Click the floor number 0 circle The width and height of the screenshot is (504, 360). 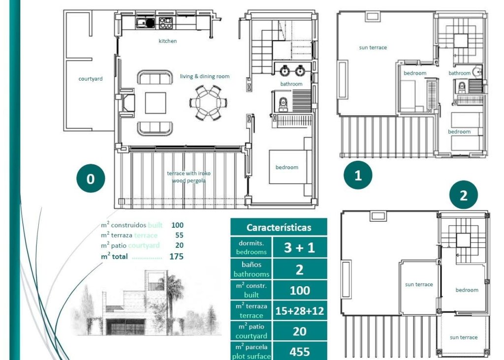pos(91,179)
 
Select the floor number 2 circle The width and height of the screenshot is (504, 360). pos(463,196)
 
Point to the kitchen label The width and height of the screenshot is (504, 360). pos(167,41)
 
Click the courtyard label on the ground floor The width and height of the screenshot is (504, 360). pos(91,79)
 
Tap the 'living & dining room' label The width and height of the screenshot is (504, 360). pos(204,77)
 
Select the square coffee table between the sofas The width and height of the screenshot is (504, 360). pos(156,103)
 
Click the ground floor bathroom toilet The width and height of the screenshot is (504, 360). pos(283,104)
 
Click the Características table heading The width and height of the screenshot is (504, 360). pos(279,228)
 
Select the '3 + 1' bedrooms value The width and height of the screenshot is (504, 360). pos(299,248)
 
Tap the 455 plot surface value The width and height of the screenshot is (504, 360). pos(299,352)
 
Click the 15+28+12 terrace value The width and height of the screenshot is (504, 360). pos(299,310)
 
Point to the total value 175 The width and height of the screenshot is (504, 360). pos(176,256)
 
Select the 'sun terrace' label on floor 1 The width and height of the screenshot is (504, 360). pos(373,48)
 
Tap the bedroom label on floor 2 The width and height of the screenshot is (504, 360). pos(467,290)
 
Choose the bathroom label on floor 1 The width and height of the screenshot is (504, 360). pos(459,73)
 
